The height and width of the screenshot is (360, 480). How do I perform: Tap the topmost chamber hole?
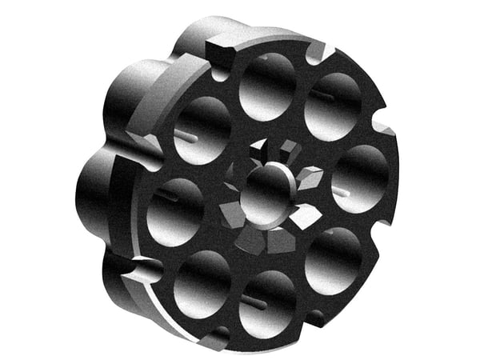(267, 86)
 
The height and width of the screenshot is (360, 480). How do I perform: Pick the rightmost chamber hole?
(360, 178)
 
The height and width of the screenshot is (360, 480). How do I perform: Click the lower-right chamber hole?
(333, 259)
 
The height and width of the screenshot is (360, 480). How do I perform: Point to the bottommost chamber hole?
(267, 303)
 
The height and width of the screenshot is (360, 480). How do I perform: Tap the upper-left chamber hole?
(202, 130)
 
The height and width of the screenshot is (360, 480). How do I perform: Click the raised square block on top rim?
(222, 55)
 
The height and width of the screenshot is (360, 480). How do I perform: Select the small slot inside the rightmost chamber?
(340, 193)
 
